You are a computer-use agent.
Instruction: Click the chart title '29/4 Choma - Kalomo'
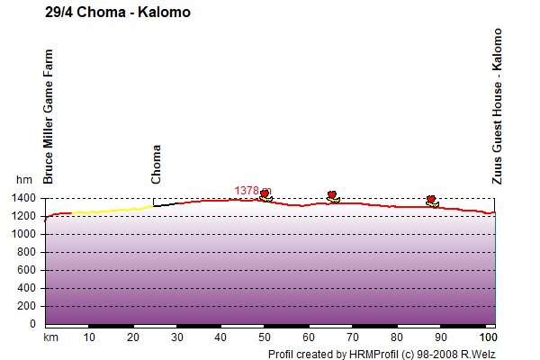tap(118, 13)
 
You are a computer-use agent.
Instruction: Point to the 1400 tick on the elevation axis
tap(23, 198)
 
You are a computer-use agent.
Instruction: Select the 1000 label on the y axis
tap(23, 234)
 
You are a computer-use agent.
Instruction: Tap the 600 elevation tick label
tap(26, 270)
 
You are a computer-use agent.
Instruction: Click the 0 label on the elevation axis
tap(32, 324)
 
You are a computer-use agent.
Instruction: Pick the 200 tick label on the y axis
tap(26, 306)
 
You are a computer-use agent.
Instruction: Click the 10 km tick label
tap(89, 337)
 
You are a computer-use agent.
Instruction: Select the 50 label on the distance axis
tap(265, 337)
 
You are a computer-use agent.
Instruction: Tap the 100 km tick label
tap(489, 337)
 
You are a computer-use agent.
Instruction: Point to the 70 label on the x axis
tap(353, 337)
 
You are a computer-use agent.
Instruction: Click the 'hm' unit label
tap(24, 179)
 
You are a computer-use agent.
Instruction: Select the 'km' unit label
tap(50, 337)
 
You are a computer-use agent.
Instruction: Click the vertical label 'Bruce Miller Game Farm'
tap(49, 116)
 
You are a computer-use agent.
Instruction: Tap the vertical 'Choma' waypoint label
tap(156, 164)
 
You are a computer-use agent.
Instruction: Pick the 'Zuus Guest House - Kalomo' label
tap(497, 106)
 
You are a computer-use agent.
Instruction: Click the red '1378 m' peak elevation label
tap(253, 191)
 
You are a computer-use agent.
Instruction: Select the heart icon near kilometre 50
tap(265, 194)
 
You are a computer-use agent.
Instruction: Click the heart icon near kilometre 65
tap(331, 195)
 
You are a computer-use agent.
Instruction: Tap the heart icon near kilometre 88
tap(431, 199)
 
